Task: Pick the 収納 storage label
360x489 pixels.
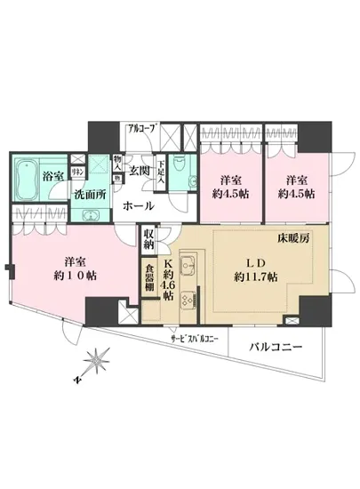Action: tap(148, 238)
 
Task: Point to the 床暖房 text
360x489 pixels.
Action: tap(297, 241)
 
